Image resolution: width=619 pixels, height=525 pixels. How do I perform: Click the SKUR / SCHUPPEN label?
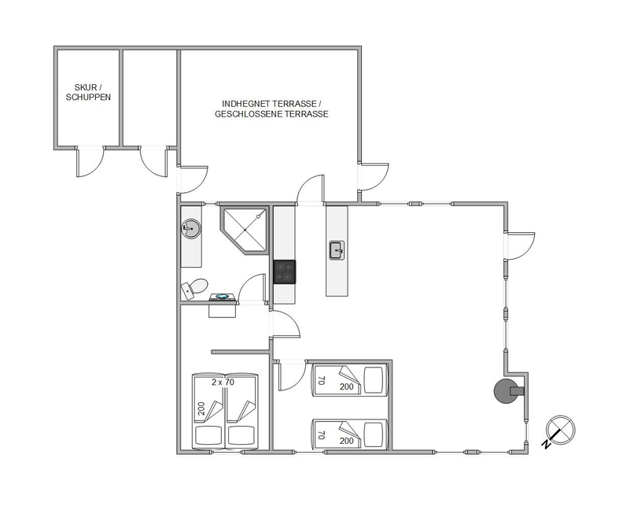pyautogui.click(x=88, y=92)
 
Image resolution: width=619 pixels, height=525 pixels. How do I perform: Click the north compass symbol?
pyautogui.click(x=559, y=431)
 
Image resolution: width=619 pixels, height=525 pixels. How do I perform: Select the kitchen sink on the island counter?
pyautogui.click(x=337, y=250)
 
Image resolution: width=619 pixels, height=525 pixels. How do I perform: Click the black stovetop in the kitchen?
pyautogui.click(x=285, y=272)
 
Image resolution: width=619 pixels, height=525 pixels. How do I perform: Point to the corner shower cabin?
pyautogui.click(x=245, y=230)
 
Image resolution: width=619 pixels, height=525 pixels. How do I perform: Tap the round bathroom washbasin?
pyautogui.click(x=191, y=228)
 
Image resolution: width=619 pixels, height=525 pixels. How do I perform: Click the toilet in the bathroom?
pyautogui.click(x=194, y=287)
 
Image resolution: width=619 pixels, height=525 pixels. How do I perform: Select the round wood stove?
pyautogui.click(x=507, y=391)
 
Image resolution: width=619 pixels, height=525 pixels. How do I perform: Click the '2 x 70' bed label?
pyautogui.click(x=223, y=382)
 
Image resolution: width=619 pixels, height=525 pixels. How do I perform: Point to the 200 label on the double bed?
pyautogui.click(x=201, y=409)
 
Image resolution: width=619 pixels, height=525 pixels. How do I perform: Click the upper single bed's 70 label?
pyautogui.click(x=322, y=381)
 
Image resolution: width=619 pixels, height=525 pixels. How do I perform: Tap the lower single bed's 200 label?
pyautogui.click(x=346, y=441)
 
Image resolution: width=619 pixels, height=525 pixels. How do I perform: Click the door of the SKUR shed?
pyautogui.click(x=90, y=162)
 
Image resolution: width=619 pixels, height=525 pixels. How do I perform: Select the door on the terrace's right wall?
pyautogui.click(x=373, y=176)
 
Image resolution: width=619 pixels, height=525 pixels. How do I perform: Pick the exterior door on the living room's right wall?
pyautogui.click(x=520, y=246)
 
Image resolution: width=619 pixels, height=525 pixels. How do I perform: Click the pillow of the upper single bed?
pyautogui.click(x=373, y=381)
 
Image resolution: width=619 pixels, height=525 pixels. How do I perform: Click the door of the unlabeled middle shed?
pyautogui.click(x=154, y=162)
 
